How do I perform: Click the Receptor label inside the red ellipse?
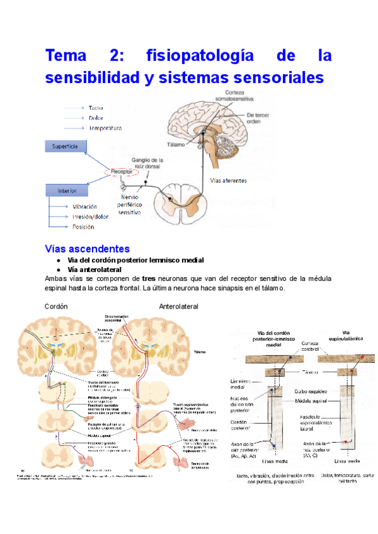coord(123,171)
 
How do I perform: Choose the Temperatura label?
coord(105,128)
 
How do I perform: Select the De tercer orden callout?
coord(260,119)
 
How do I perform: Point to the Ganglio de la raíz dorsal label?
coord(148,164)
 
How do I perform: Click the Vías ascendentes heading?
coord(88,249)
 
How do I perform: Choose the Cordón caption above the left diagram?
coord(56,306)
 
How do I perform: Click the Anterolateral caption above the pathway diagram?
coord(179,306)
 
